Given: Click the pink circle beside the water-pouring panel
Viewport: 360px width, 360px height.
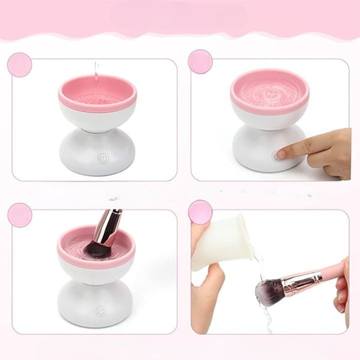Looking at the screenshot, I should coord(19,65).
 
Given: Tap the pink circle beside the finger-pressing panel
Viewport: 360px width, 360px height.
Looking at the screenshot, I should coord(200,61).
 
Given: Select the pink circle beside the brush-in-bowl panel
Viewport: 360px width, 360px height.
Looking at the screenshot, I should coord(20,215).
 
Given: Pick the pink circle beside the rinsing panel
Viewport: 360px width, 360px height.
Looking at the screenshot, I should coord(200,212).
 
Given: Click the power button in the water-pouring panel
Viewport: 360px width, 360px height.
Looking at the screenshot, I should coord(103,159).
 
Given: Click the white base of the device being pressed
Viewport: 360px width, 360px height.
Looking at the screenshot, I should coord(258,150).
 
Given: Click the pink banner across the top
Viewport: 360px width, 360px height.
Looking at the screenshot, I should coord(180,18).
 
